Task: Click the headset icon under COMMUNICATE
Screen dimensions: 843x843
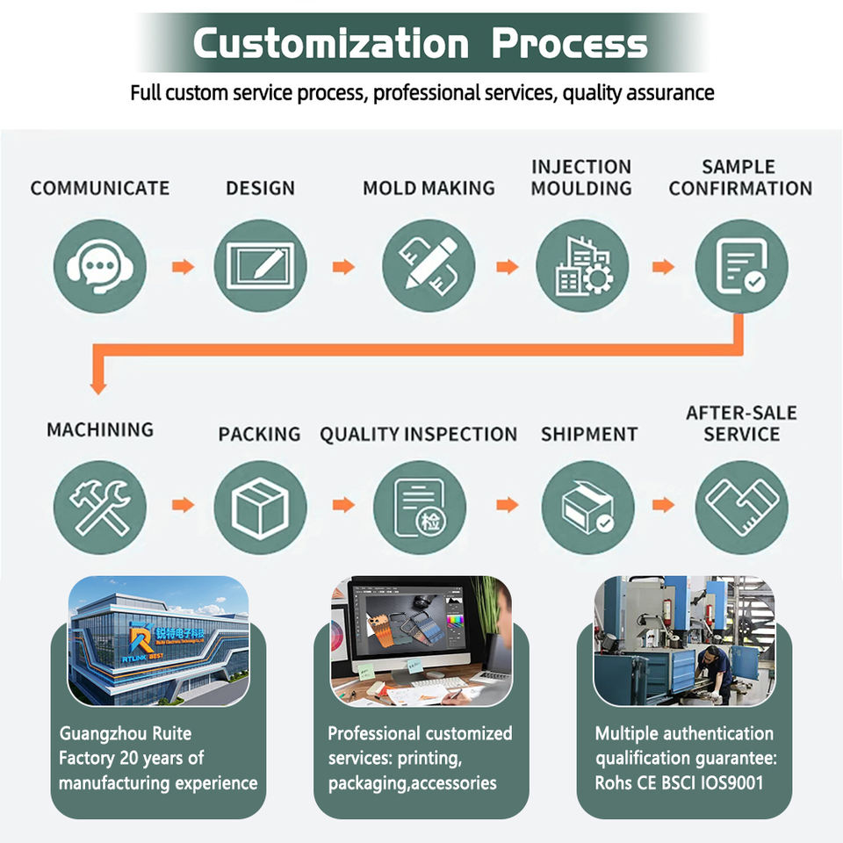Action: [100, 266]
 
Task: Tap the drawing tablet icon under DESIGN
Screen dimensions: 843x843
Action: [260, 266]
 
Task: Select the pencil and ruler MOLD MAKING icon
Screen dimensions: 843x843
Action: [429, 266]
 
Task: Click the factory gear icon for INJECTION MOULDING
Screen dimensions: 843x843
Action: [582, 266]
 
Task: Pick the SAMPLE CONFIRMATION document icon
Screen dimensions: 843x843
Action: [742, 266]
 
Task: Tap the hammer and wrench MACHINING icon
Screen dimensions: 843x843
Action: [100, 507]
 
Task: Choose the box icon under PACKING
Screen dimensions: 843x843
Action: [260, 507]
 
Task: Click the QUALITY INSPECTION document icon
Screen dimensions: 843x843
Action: [420, 507]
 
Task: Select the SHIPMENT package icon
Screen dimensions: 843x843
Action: [587, 507]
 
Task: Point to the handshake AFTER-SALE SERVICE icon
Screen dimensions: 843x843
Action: [742, 507]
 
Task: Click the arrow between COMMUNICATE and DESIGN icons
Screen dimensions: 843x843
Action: [184, 267]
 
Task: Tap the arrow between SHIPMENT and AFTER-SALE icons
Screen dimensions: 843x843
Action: [664, 505]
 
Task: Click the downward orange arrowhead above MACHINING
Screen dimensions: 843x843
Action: [97, 387]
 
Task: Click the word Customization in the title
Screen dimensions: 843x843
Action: [331, 43]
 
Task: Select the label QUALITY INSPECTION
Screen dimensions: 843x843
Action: [418, 435]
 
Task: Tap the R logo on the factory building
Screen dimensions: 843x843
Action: [140, 638]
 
